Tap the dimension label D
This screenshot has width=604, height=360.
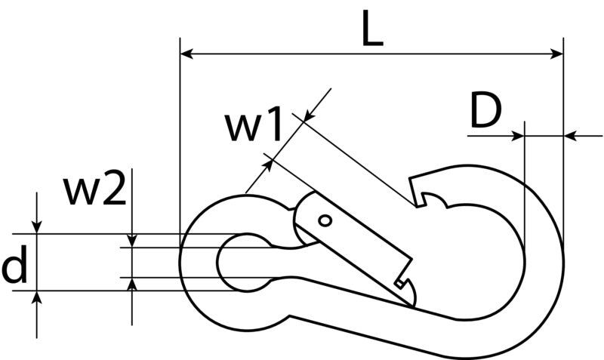[x=485, y=111]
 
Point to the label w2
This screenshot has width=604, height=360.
[x=96, y=190]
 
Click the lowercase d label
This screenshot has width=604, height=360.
[x=14, y=264]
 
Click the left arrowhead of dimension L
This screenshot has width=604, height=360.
[x=186, y=54]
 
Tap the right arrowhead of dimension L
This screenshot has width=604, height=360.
[x=557, y=54]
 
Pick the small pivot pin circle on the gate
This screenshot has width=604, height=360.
[x=325, y=221]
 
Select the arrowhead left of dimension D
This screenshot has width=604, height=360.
[x=518, y=136]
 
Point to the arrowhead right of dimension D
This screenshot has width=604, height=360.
[x=570, y=136]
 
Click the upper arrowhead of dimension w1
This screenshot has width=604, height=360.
[x=309, y=116]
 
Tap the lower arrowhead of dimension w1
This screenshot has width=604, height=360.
[x=268, y=165]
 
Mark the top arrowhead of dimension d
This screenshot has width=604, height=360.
[x=36, y=227]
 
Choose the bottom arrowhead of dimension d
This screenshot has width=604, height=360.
[x=36, y=297]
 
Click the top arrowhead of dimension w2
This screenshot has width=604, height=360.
[x=132, y=241]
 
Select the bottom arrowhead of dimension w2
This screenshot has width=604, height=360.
[x=132, y=284]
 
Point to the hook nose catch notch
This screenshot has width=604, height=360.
[x=423, y=198]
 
